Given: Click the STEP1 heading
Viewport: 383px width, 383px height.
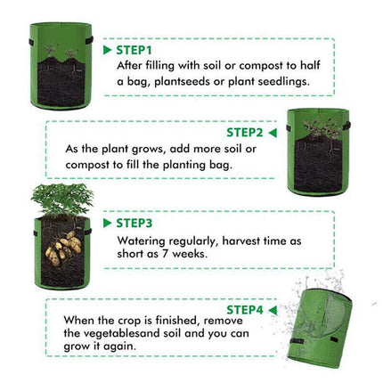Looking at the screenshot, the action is pyautogui.click(x=134, y=50).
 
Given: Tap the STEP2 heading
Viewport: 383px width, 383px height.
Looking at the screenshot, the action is pyautogui.click(x=245, y=133).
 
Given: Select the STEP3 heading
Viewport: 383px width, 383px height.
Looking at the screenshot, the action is pyautogui.click(x=134, y=223).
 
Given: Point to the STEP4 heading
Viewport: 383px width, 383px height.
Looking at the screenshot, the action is pyautogui.click(x=245, y=310).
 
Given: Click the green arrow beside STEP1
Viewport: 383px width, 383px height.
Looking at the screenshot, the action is pyautogui.click(x=107, y=50).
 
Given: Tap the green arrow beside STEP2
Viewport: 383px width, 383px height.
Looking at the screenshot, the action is pyautogui.click(x=273, y=133).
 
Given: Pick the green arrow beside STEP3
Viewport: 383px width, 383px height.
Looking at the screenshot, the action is pyautogui.click(x=107, y=224).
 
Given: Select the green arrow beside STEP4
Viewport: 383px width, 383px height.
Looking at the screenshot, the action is pyautogui.click(x=273, y=311).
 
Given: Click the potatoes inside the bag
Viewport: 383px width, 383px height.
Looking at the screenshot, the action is pyautogui.click(x=63, y=248).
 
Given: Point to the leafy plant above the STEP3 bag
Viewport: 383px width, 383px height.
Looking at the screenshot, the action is pyautogui.click(x=62, y=198).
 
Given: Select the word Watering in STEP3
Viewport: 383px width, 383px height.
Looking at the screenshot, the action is pyautogui.click(x=141, y=241).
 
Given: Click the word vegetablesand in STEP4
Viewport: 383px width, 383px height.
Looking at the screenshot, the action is pyautogui.click(x=122, y=333).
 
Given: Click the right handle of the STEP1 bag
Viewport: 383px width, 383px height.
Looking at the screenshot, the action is pyautogui.click(x=90, y=40).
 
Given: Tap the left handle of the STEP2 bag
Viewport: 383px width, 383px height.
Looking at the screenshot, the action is pyautogui.click(x=289, y=128).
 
